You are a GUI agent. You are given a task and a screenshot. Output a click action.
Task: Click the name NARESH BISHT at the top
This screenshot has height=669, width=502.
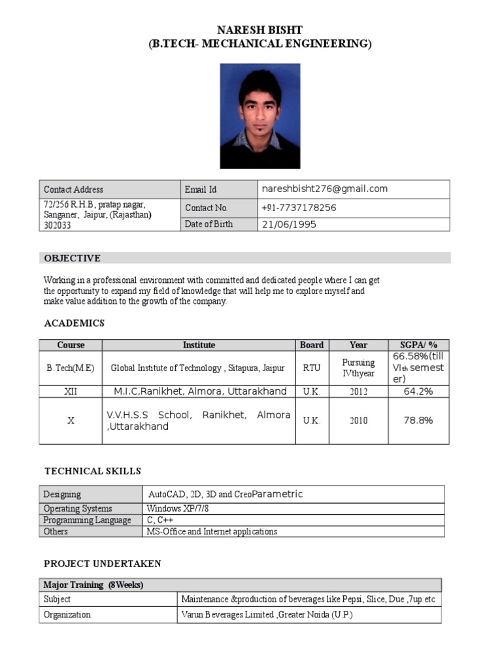pos(259,31)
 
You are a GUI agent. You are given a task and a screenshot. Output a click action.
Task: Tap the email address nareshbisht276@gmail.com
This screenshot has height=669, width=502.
pos(325,189)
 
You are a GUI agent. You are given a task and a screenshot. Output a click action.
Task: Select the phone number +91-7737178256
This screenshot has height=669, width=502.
pos(299,208)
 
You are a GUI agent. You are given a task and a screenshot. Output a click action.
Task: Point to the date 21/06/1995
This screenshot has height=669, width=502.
pos(289,224)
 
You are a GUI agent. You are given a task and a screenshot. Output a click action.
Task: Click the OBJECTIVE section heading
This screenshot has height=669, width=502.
pos(72,258)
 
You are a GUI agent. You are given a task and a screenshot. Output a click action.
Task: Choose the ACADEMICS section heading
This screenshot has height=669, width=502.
pos(74,323)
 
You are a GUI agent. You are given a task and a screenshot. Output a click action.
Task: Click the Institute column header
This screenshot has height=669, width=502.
pos(199,345)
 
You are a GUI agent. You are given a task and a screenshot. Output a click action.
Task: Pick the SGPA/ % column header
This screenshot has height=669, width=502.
pos(418,345)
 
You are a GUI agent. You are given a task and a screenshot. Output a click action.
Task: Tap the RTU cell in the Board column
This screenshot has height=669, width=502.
pos(312,368)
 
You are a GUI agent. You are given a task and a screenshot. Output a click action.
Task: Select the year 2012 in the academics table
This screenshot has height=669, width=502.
pos(358,391)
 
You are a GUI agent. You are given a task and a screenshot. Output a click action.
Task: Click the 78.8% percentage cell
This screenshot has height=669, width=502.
pos(418,421)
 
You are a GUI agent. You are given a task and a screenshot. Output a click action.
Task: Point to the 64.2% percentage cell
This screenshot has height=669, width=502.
pos(418,391)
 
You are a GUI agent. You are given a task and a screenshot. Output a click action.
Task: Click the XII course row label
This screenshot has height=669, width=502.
pos(71,391)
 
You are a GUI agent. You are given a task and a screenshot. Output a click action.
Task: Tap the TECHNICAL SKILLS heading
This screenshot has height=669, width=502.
pos(92,471)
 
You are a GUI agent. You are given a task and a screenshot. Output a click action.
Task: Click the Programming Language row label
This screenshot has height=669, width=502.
pos(87,520)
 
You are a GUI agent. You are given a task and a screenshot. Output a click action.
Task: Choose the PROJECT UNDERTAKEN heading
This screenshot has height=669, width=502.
pos(102,563)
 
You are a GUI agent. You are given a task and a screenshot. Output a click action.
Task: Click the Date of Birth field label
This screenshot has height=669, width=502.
pos(209,224)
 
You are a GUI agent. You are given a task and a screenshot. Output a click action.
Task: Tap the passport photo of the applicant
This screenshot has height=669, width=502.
pos(259,116)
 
